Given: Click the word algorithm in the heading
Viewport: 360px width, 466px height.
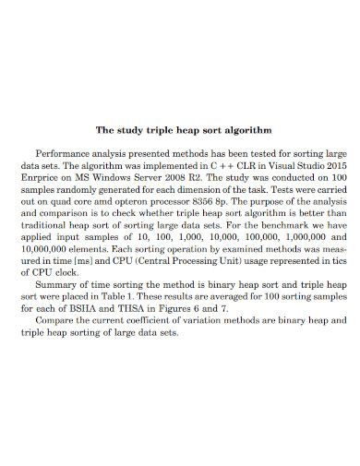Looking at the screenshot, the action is pyautogui.click(x=246, y=131).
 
